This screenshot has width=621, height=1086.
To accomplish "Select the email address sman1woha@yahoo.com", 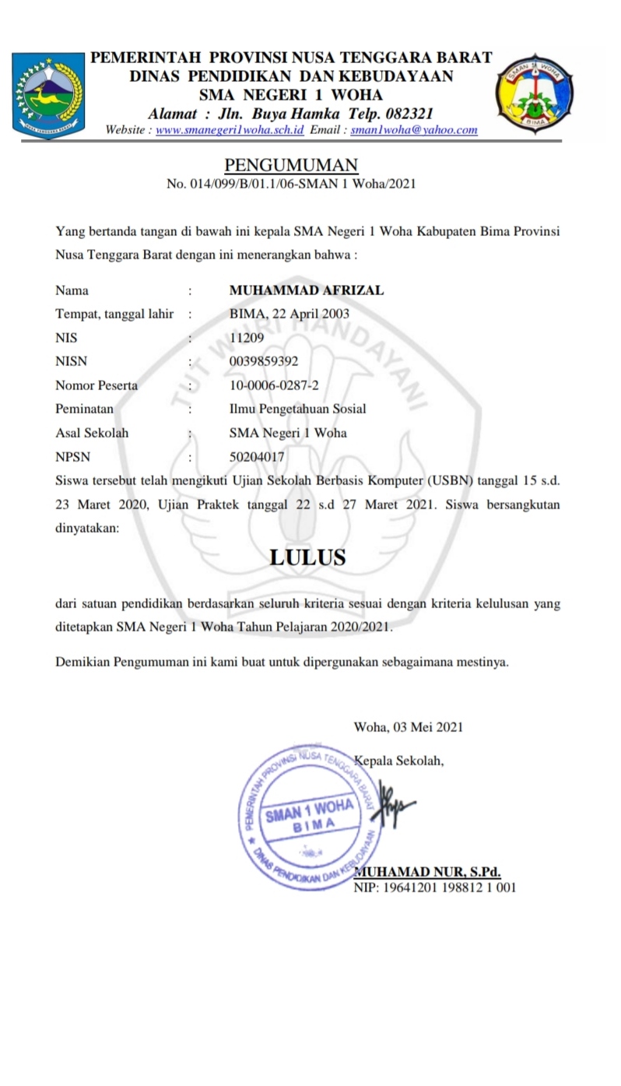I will (414, 130).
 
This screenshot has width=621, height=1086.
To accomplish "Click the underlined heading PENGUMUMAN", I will (291, 165).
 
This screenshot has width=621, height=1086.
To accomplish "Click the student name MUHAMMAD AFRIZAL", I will (307, 290).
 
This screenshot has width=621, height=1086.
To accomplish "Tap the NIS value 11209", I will (247, 338).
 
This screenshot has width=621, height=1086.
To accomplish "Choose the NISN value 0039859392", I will (264, 361).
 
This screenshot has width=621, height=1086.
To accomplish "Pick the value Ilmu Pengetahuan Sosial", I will (298, 409).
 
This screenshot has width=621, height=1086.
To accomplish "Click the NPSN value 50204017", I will (257, 457).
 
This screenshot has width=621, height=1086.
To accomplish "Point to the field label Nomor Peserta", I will (96, 385).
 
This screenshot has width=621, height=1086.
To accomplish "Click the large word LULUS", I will (307, 557).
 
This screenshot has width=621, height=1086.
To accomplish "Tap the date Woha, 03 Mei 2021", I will (409, 727).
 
